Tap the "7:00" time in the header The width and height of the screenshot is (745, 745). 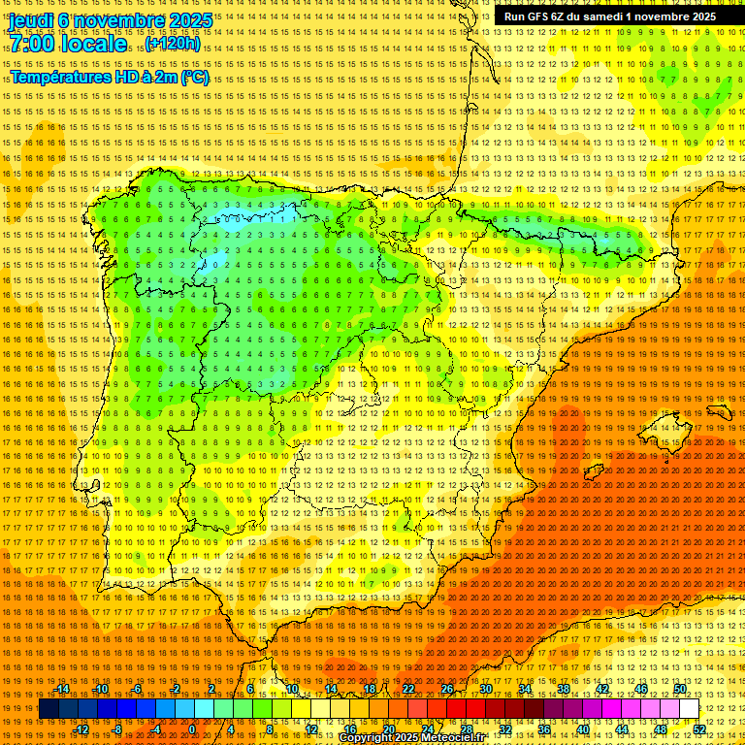click(x=32, y=44)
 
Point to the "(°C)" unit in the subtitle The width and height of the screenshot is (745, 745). click(x=194, y=78)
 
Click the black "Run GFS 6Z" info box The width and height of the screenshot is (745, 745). click(x=606, y=16)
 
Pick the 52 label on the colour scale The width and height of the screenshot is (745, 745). click(x=699, y=729)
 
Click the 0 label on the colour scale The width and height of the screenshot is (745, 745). click(x=192, y=729)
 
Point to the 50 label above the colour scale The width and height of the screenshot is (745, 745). click(x=680, y=689)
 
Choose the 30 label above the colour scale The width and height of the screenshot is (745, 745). click(x=485, y=689)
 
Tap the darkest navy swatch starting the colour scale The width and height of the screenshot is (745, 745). click(x=49, y=709)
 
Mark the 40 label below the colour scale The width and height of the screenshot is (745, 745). click(x=582, y=729)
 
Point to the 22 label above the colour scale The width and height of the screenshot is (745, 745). click(x=407, y=689)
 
